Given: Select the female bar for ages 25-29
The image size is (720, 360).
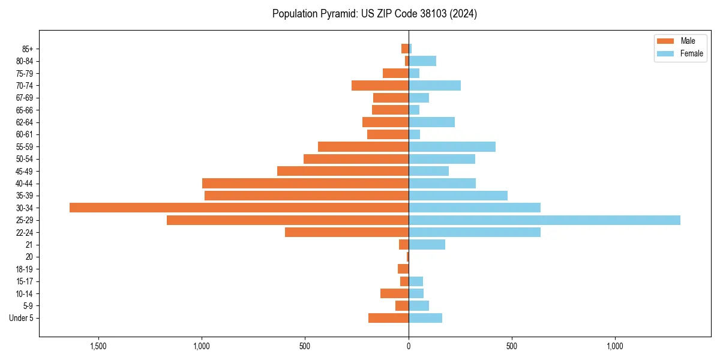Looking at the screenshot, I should (x=544, y=220).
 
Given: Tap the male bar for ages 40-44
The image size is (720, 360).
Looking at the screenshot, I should (x=305, y=184).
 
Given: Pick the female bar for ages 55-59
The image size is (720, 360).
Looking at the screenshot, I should (x=452, y=147).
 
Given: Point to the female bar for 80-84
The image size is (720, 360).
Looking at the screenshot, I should (x=422, y=61).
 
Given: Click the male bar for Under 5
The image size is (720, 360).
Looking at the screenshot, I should (x=388, y=318).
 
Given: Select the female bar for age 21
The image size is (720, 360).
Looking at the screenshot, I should (x=427, y=245).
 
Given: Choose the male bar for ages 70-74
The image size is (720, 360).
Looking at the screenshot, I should (x=380, y=86).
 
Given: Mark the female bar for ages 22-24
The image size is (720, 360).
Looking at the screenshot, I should (x=474, y=232).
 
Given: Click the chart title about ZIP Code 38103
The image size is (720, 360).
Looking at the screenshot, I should (x=374, y=14).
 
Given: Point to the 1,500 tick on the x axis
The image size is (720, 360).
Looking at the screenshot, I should (x=98, y=346).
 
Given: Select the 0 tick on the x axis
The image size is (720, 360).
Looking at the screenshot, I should (x=409, y=346).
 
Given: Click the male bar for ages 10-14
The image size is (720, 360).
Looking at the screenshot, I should (x=394, y=293).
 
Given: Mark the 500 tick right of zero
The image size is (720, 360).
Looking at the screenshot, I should (x=512, y=346).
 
